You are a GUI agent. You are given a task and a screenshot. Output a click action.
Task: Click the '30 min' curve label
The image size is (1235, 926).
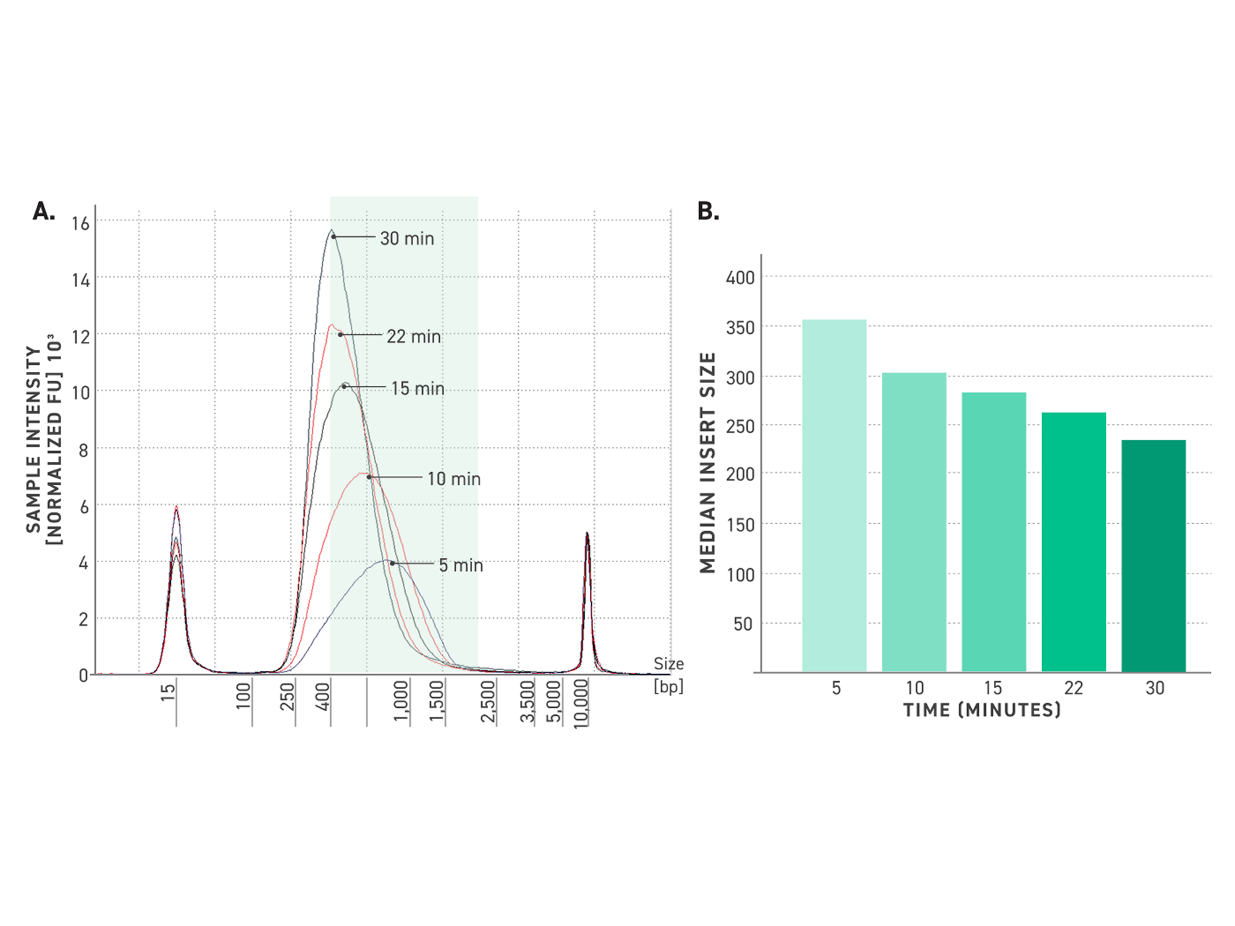click(x=407, y=239)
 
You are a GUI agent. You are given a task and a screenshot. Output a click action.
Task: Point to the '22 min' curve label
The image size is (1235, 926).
click(x=414, y=336)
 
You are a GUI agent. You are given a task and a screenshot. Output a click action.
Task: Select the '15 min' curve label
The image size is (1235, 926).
click(x=418, y=388)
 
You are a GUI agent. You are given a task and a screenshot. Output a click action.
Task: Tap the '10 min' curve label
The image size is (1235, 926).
click(x=454, y=479)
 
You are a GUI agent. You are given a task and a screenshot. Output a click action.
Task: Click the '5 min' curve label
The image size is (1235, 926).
click(x=460, y=565)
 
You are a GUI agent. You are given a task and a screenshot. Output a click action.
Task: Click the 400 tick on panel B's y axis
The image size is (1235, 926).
click(x=740, y=277)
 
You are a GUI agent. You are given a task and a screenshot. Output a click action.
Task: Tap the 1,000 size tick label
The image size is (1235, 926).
click(x=401, y=701)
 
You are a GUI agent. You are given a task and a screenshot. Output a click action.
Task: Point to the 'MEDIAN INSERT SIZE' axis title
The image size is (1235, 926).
click(x=707, y=462)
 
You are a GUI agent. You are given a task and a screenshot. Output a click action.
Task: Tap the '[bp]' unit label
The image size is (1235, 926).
click(x=668, y=686)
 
